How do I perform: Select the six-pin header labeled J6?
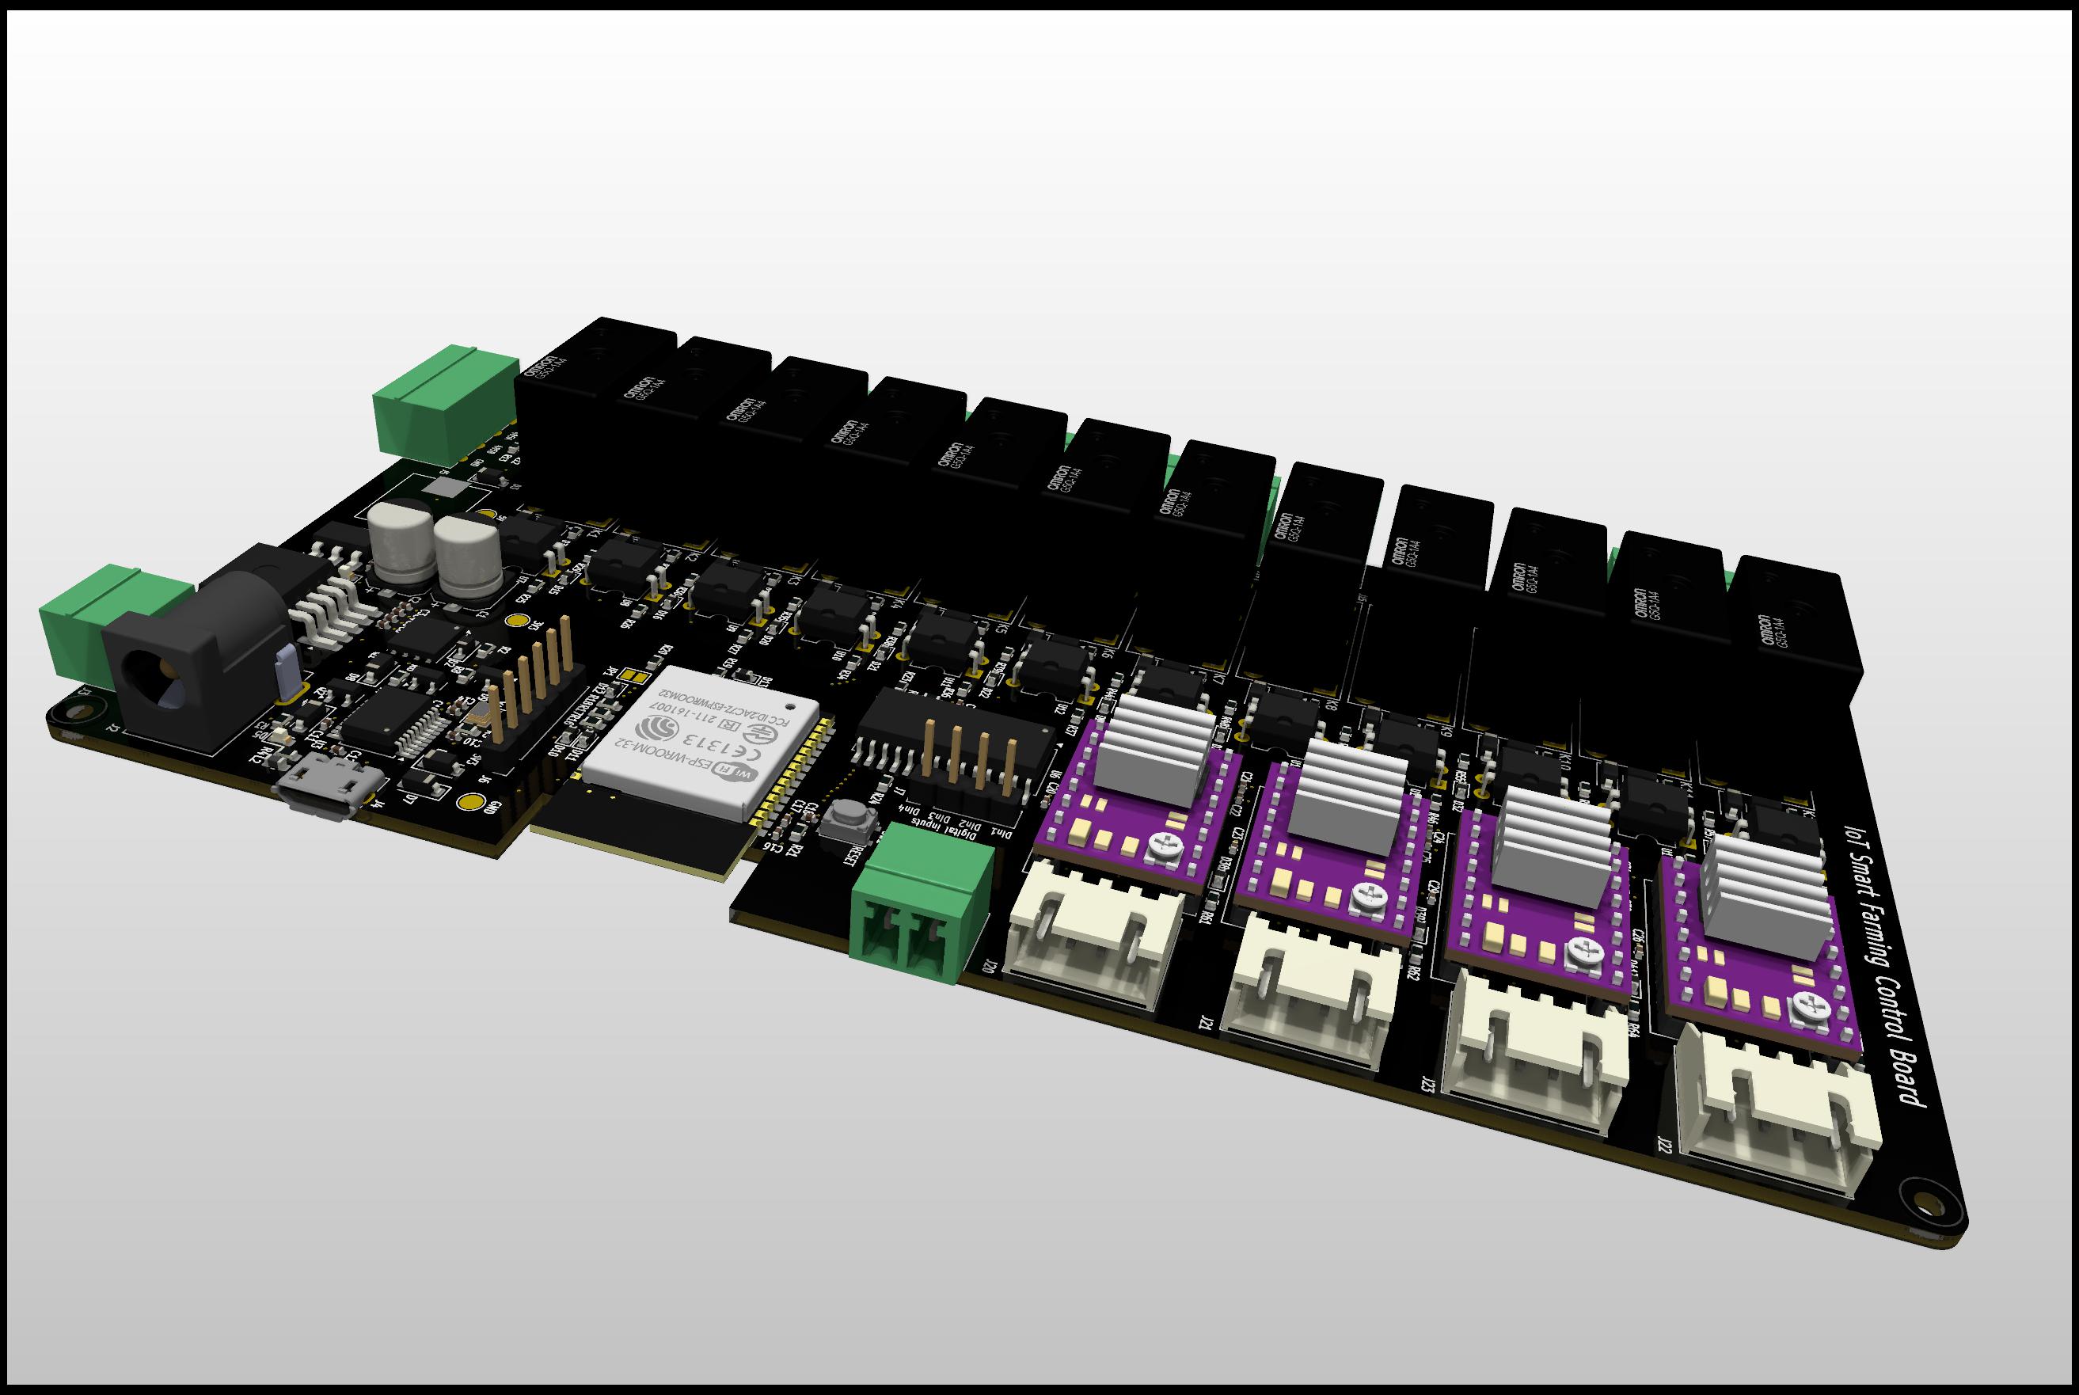coord(534,685)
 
